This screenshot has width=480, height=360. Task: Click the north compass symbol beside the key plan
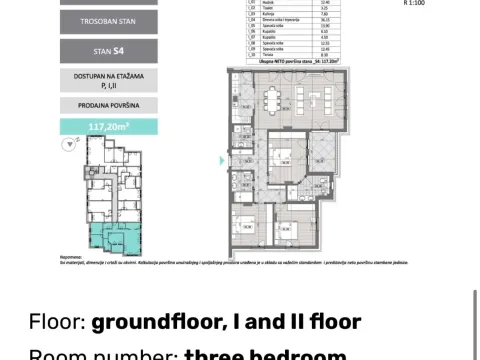pyautogui.click(x=69, y=145)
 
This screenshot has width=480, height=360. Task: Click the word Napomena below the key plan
pyautogui.click(x=69, y=257)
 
